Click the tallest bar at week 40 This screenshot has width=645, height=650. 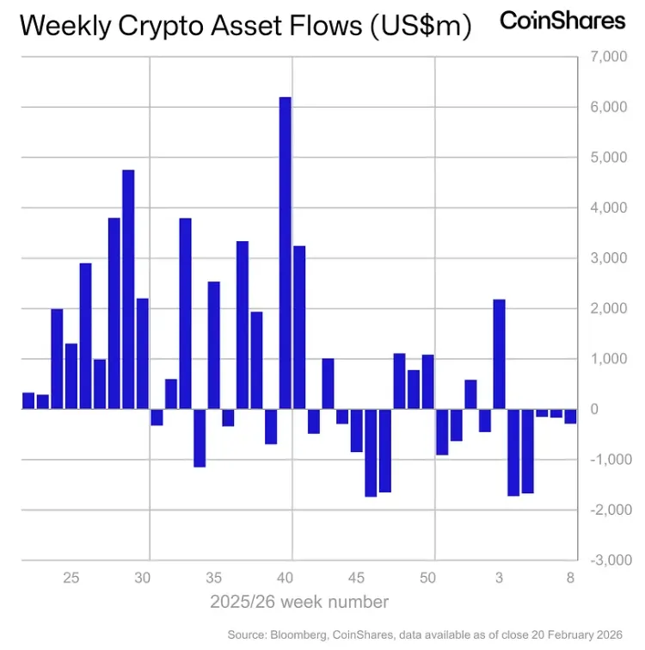pos(286,253)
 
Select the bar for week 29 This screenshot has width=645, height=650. pos(128,289)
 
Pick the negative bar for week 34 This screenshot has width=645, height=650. pos(200,437)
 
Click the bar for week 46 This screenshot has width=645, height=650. pos(371,452)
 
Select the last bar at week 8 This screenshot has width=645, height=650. pos(570,416)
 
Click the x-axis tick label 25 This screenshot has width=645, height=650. pos(71,578)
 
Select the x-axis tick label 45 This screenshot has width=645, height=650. pos(357,578)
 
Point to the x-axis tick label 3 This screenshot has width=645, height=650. pos(499,578)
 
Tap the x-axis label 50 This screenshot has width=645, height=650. pos(428,578)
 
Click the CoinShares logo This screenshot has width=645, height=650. pos(562,21)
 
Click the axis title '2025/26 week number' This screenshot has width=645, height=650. pos(298,602)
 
